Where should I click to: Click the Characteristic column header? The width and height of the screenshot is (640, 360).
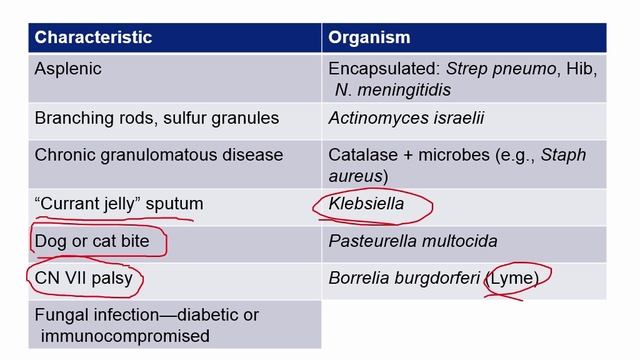93,37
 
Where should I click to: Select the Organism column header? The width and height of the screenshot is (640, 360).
369,37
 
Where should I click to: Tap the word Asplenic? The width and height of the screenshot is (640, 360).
69,69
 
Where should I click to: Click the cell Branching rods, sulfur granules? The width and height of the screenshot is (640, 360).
157,118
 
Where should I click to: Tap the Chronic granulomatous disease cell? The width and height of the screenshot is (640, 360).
159,155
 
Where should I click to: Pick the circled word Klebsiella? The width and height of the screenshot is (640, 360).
372,204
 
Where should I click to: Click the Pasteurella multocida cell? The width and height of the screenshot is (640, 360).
412,241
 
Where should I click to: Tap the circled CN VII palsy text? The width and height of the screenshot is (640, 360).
83,278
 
